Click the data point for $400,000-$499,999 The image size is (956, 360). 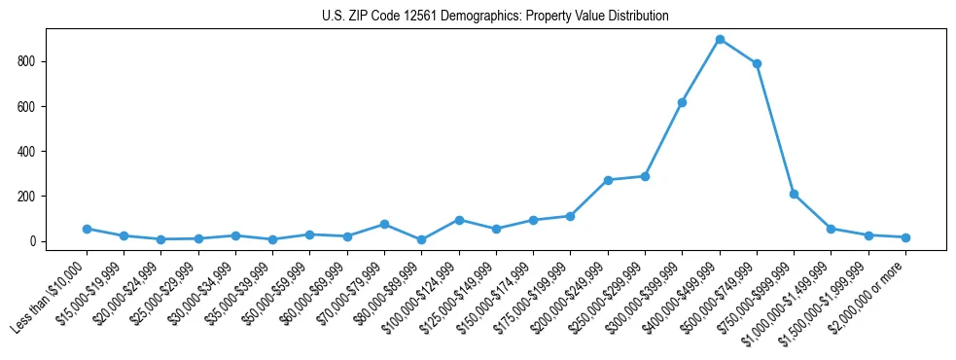point(720,40)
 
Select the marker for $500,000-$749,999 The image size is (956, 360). point(757,64)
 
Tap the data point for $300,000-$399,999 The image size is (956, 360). point(683,102)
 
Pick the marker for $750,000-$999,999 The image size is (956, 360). point(794,195)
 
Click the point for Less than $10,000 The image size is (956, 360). point(87,229)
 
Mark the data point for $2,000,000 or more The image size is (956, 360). point(905,237)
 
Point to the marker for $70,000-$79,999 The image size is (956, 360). point(384,224)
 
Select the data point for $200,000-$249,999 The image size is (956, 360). point(608,180)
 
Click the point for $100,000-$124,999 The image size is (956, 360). point(459,220)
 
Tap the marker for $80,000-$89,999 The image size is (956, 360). point(421,239)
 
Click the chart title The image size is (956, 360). point(495,17)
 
